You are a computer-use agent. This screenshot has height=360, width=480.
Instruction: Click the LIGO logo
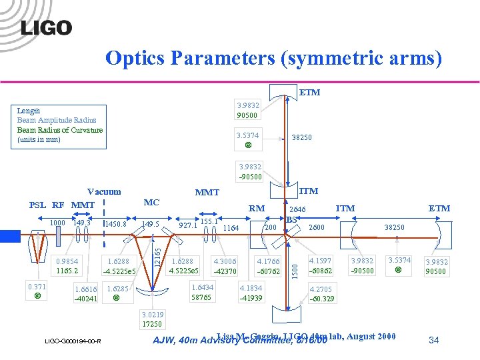(46, 27)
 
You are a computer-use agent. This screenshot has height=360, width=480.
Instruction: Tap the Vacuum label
(104, 192)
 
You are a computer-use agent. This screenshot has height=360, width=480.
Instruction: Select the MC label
(151, 201)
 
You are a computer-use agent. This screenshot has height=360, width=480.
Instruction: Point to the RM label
(256, 209)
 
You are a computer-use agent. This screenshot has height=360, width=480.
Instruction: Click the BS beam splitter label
(291, 219)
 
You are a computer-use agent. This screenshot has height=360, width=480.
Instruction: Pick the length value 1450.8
(115, 225)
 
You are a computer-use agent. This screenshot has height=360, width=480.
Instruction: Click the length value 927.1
(187, 226)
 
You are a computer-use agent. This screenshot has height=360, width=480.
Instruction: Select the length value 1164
(231, 228)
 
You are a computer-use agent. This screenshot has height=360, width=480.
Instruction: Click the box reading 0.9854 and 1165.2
(67, 267)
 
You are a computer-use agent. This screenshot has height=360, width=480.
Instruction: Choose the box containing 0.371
(37, 291)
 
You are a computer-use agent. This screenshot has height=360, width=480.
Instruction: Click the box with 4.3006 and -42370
(224, 267)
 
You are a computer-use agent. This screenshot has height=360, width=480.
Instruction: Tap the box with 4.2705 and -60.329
(321, 294)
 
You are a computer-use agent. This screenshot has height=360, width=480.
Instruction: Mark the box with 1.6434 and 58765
(201, 292)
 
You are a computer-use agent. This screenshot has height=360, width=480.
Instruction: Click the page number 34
(433, 340)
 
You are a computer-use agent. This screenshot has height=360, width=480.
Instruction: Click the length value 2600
(317, 227)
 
